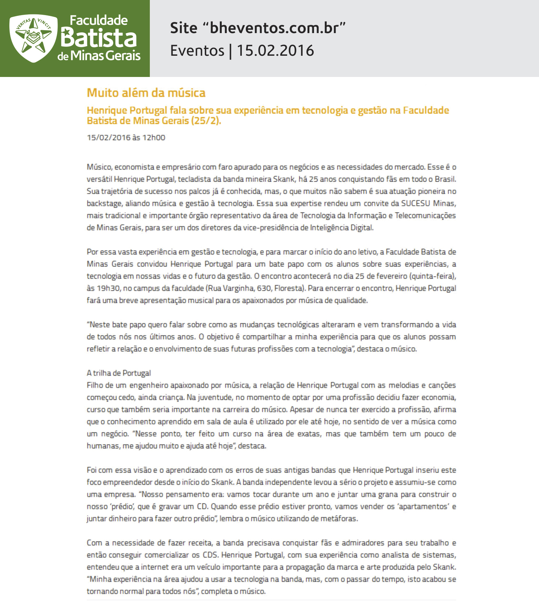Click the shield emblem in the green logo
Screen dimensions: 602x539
[33, 38]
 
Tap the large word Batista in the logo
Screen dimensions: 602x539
[99, 38]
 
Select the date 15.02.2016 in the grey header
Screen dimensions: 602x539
[275, 50]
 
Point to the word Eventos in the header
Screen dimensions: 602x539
[197, 50]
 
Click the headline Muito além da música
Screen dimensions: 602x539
[146, 93]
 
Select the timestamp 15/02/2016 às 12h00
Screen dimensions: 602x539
[126, 137]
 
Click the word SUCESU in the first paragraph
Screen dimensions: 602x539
[415, 203]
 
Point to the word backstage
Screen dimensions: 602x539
[104, 203]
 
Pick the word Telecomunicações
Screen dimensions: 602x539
[425, 215]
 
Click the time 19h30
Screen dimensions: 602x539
[106, 288]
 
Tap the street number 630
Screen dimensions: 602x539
[264, 288]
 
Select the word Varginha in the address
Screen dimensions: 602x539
[238, 288]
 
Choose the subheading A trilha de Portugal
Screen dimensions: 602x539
[119, 373]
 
